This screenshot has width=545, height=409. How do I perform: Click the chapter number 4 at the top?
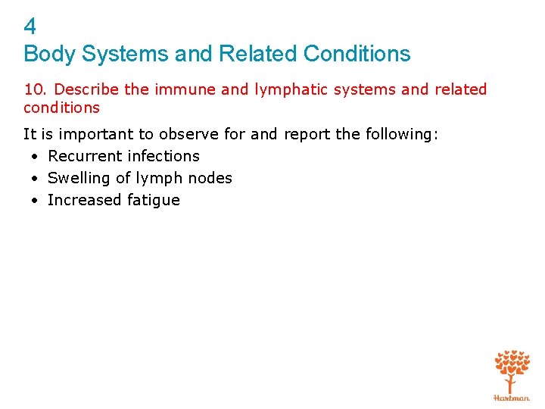pos(30,27)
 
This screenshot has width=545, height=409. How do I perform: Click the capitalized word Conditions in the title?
pos(357,54)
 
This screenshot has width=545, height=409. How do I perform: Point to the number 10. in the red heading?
pos(36,89)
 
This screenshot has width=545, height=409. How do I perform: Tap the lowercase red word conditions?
pos(61,108)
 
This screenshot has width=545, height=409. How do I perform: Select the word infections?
pos(164,156)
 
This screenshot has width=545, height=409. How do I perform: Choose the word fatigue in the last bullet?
pos(154,200)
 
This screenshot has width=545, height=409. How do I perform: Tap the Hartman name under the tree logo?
pos(512,397)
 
